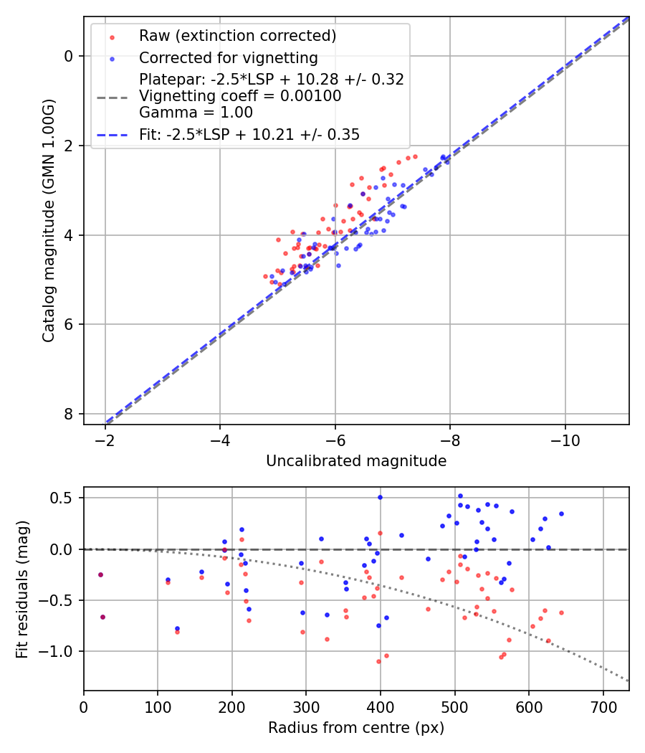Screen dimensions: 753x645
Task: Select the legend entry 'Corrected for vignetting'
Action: coord(228,58)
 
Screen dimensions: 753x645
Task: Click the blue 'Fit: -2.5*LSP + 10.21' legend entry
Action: coord(249,134)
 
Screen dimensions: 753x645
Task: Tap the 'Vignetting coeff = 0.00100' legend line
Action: coord(240,95)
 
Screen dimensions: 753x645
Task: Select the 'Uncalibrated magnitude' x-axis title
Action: coord(356,461)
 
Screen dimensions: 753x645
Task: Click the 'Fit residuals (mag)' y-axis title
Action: coord(22,589)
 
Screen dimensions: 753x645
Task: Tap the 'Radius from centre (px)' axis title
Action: coord(356,728)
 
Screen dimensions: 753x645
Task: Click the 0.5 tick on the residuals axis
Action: coord(67,498)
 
